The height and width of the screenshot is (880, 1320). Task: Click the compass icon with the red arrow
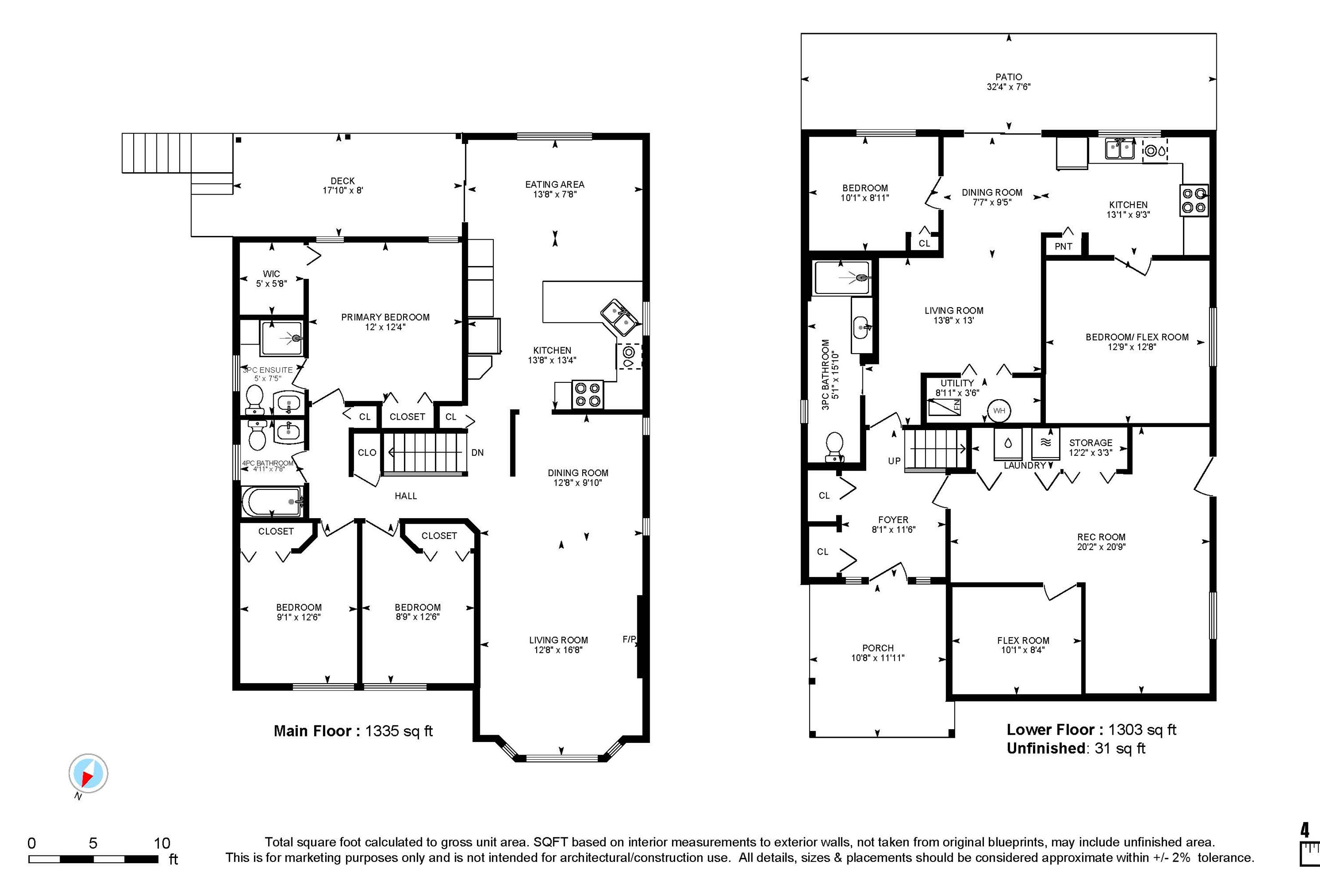pos(88,773)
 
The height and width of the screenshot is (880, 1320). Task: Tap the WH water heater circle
pos(999,411)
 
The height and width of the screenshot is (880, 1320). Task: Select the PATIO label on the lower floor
pos(1008,77)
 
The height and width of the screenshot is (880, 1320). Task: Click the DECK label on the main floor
pos(342,181)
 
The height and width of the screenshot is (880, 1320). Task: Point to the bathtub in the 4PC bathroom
pos(272,501)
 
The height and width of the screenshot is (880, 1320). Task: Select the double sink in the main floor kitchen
pos(620,317)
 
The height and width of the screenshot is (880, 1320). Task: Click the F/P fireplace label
pos(629,639)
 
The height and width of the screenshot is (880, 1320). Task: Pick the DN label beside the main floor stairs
pos(477,452)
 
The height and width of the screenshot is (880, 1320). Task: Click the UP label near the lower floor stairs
pos(894,461)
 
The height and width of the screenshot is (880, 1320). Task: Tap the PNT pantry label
pos(1063,246)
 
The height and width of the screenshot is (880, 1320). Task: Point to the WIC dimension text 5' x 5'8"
pos(271,284)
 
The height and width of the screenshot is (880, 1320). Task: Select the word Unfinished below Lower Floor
pos(1045,748)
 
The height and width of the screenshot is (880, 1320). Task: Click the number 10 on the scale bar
pos(162,843)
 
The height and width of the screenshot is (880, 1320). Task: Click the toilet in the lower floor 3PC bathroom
pos(834,447)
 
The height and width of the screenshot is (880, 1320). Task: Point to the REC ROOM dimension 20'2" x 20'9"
pos(1101,547)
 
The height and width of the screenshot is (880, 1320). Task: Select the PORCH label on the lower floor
pos(878,648)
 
